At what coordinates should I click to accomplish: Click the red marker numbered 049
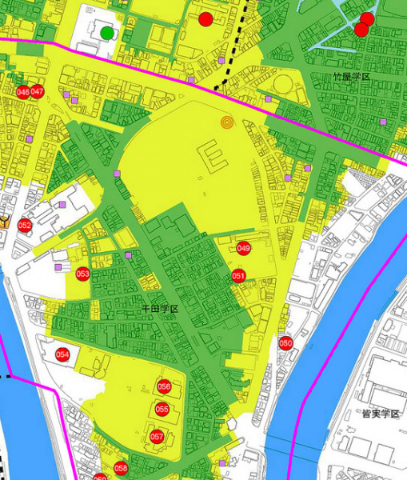coord(244,249)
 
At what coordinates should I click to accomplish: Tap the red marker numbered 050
coord(285,343)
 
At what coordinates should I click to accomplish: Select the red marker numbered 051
coord(238,276)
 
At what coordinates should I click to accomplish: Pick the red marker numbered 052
coord(25,226)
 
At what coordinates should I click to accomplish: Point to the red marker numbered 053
coord(82,274)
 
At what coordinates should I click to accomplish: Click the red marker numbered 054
coord(62,354)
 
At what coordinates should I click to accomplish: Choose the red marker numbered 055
coord(162,410)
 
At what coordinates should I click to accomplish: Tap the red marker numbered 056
coord(164,386)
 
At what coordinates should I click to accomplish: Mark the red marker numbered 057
coord(157,437)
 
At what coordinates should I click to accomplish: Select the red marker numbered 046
coord(22,92)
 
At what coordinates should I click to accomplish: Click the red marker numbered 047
coord(37,92)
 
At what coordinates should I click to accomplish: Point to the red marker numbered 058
coord(121,468)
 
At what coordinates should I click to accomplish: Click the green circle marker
coord(107,33)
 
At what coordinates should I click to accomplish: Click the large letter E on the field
coord(213,154)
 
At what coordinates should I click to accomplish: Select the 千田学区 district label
coord(159,308)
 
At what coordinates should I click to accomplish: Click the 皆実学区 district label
coord(380,414)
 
